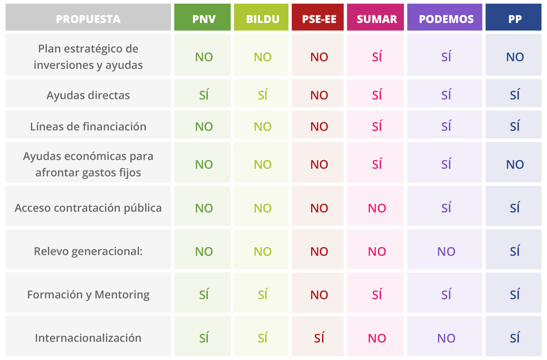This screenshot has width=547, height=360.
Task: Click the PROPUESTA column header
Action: click(88, 19)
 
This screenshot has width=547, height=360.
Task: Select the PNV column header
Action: click(204, 19)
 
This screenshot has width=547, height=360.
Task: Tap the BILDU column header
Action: click(263, 19)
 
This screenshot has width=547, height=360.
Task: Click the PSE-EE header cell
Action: click(319, 19)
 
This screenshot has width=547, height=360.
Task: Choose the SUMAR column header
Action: click(377, 19)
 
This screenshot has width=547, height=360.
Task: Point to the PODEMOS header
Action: click(446, 19)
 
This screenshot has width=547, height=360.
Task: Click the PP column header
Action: click(515, 19)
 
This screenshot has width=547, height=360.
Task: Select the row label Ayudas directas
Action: click(88, 95)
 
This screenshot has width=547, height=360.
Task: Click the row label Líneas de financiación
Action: click(88, 126)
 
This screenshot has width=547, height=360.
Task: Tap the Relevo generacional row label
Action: click(88, 251)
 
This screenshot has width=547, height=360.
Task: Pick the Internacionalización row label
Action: click(88, 338)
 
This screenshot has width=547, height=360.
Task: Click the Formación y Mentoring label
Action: click(88, 294)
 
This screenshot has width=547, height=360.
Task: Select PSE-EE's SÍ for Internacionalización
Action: click(319, 338)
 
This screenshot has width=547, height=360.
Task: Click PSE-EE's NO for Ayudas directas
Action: click(319, 95)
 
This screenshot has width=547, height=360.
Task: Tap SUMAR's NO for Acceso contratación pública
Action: click(377, 208)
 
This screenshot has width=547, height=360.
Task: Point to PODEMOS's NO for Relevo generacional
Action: click(446, 251)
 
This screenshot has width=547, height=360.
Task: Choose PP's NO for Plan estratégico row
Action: click(515, 57)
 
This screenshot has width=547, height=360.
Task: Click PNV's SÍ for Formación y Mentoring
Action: click(204, 294)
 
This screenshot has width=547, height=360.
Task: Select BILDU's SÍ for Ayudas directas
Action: click(263, 95)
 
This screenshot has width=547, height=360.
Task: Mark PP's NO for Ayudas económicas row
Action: click(515, 164)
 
